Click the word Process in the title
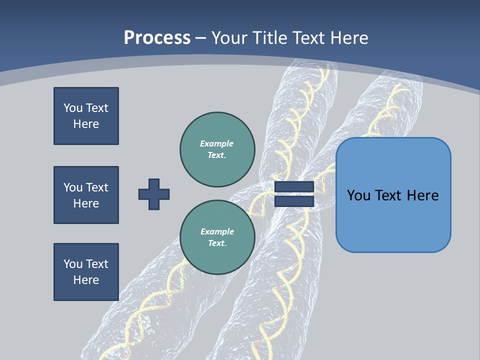coord(157,38)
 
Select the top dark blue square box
coord(86,116)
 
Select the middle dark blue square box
coord(86,195)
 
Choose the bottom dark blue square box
coord(86,272)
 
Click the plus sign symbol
coord(154,194)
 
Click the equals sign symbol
coord(294,194)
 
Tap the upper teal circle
coord(217,149)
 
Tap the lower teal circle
coord(217,237)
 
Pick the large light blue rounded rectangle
coord(393,195)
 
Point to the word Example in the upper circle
coord(217,143)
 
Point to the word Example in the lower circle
coord(217,231)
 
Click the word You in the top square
coord(73,108)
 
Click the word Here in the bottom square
coord(86,280)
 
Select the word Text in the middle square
coord(96,187)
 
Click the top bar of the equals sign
coord(294,187)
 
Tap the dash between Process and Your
coord(201,38)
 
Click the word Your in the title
coord(229,38)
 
